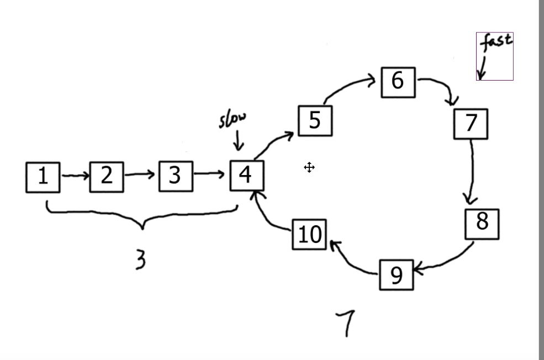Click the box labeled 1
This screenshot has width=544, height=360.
(x=43, y=177)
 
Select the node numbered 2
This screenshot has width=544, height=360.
(x=107, y=176)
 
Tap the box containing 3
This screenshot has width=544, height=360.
(x=176, y=176)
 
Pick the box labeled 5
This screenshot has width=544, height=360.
(x=315, y=120)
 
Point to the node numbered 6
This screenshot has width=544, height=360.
(x=398, y=82)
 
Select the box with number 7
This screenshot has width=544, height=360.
(x=471, y=124)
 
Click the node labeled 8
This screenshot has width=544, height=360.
(x=482, y=223)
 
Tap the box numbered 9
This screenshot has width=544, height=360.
(x=397, y=274)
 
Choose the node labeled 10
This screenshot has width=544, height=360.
(x=309, y=235)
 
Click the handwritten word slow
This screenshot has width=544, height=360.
(x=233, y=119)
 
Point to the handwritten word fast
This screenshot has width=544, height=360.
(x=496, y=42)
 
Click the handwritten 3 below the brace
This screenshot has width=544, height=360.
(x=141, y=259)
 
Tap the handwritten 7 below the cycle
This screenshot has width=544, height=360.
(x=346, y=322)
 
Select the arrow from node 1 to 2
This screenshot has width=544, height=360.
(x=75, y=176)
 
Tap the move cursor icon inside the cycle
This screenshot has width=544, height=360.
(x=309, y=167)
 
